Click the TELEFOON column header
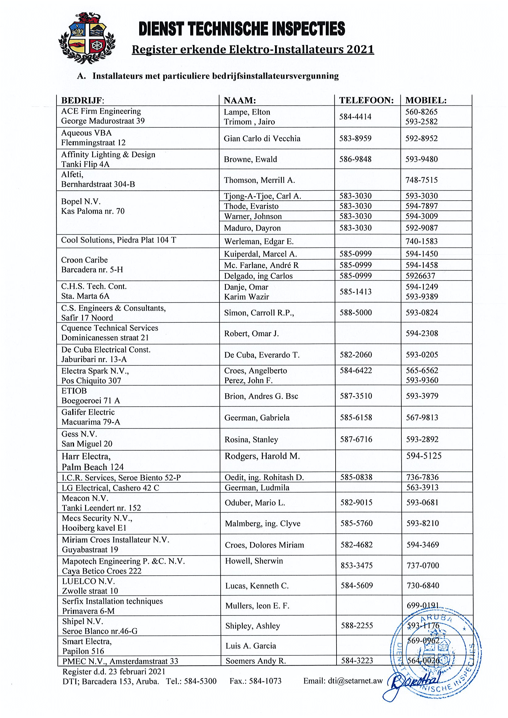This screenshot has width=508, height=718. [366, 100]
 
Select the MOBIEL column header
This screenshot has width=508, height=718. [426, 100]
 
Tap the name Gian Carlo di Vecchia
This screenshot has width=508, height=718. [262, 138]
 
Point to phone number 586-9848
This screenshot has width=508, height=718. [355, 159]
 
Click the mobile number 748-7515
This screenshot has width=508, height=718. [421, 180]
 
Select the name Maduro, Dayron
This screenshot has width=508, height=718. [252, 228]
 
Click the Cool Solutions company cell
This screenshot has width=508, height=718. [119, 240]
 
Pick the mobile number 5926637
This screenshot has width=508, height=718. [420, 276]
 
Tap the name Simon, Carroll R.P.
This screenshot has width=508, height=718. [259, 313]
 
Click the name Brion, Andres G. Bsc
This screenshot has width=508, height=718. [261, 396]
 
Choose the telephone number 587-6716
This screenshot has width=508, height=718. [356, 439]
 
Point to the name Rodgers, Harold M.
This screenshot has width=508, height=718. [262, 456]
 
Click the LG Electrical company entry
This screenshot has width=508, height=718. [110, 488]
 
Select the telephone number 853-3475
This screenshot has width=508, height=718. [356, 565]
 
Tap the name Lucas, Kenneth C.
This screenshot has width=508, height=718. [257, 586]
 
